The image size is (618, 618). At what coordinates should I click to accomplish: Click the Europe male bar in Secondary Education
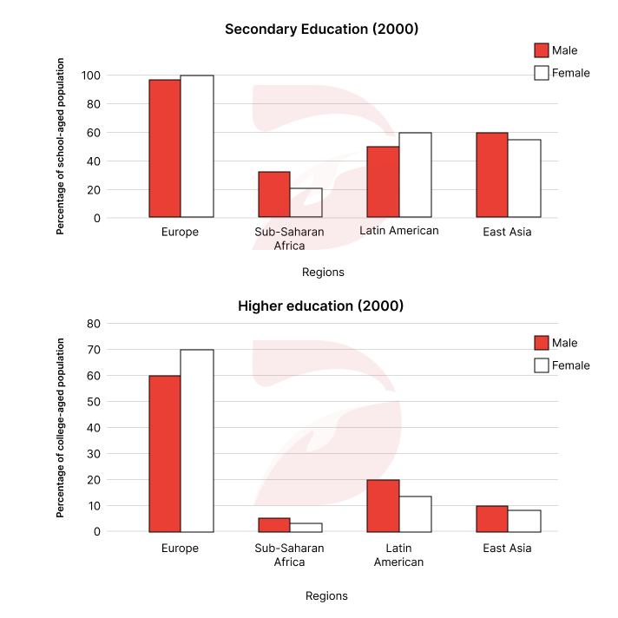point(165,148)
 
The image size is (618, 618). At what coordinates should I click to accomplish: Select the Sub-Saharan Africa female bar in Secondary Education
point(306,203)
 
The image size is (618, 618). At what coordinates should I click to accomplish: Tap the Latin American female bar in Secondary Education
point(415,175)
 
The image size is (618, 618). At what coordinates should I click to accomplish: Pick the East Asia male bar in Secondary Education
point(492,175)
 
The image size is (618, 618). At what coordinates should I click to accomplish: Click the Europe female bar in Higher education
point(197,441)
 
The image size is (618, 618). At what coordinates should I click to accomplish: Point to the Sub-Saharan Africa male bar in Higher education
point(273,525)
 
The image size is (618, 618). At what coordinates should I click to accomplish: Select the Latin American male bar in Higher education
point(383,506)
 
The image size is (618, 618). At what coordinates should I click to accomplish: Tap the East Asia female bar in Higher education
point(524,521)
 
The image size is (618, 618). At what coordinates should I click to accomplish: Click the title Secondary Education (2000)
point(321,30)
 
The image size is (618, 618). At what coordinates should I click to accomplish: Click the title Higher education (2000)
point(321,306)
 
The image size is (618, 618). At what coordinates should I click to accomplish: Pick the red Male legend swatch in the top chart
point(542,50)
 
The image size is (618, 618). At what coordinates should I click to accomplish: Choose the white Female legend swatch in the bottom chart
point(542,365)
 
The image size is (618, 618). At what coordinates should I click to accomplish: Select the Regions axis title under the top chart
point(323,273)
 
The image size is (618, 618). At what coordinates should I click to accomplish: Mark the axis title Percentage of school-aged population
point(61,147)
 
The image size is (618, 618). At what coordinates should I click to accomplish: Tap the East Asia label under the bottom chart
point(508,549)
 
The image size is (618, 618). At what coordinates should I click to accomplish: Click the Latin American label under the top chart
point(399,231)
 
